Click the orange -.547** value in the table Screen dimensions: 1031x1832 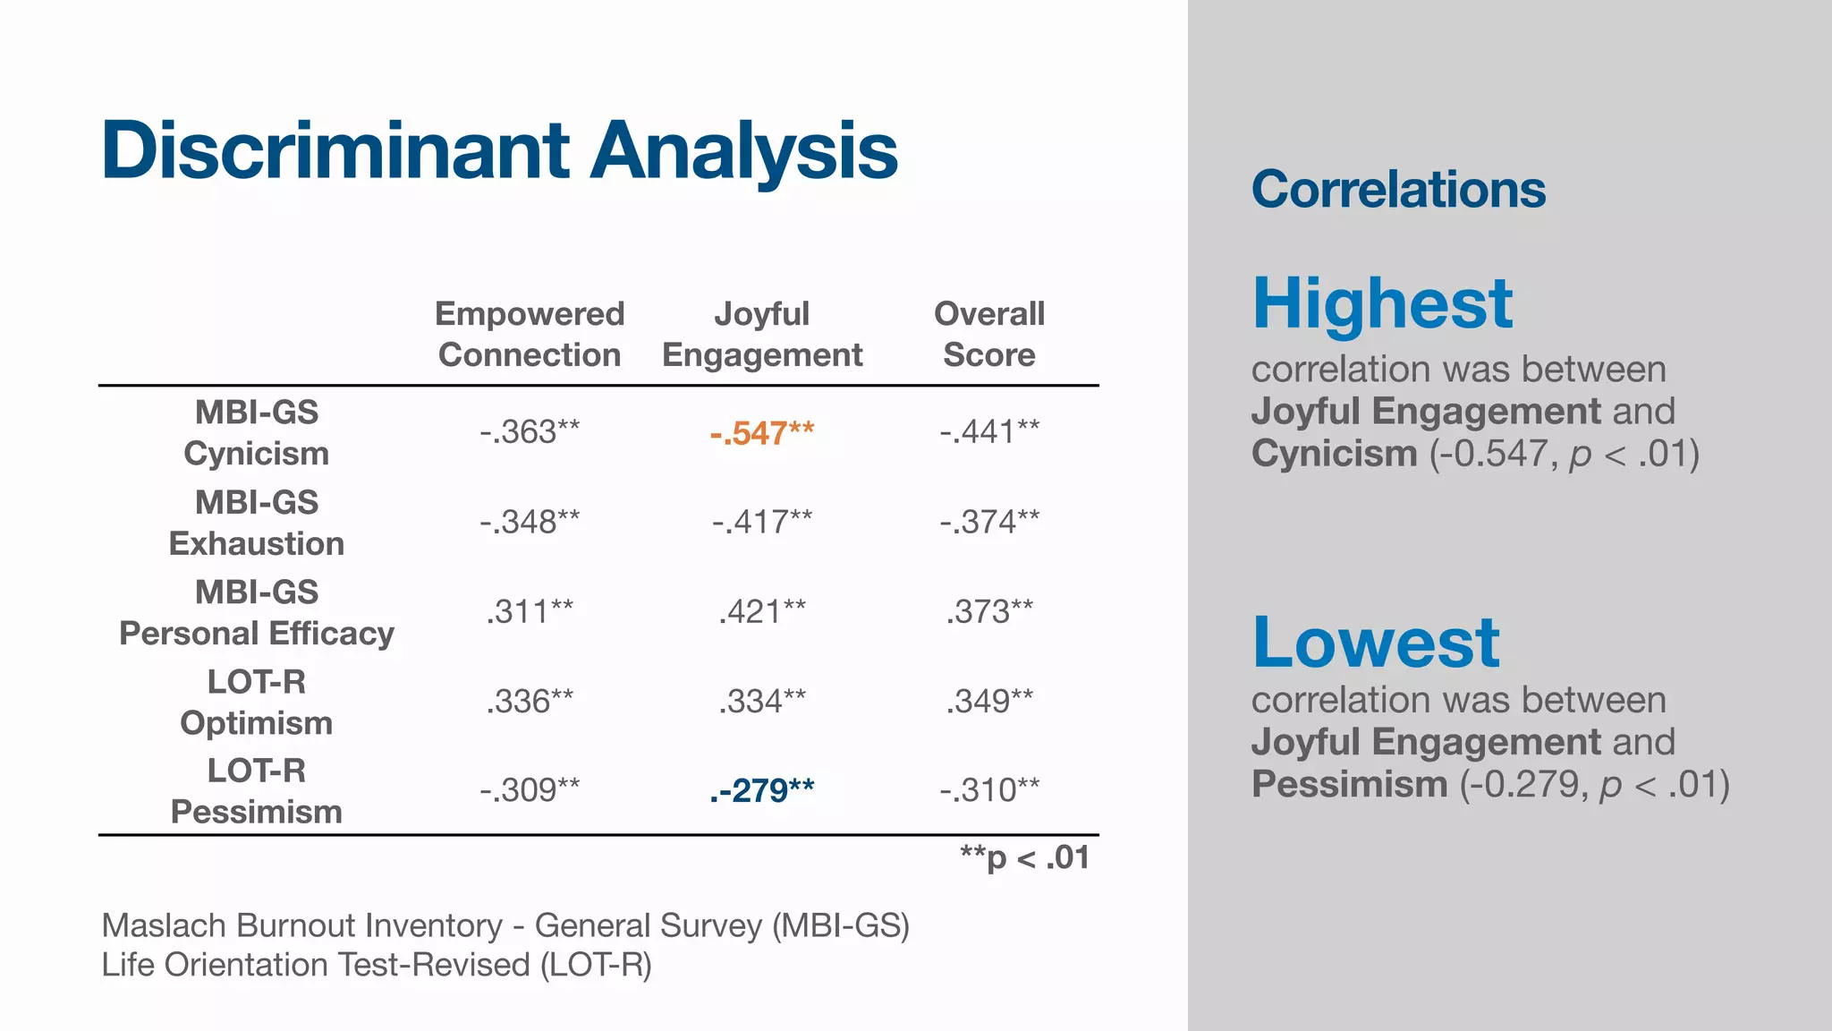(x=761, y=433)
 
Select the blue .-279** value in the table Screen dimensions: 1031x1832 (x=761, y=790)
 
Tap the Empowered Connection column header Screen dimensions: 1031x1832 (x=530, y=334)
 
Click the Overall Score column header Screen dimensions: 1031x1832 (x=988, y=334)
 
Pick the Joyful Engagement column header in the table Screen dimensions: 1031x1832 (x=761, y=334)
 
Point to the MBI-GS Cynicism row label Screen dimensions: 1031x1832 (x=257, y=432)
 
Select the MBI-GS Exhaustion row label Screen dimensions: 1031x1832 (x=257, y=523)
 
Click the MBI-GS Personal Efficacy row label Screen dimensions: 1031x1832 (x=257, y=612)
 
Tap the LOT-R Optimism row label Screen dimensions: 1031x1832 (x=257, y=702)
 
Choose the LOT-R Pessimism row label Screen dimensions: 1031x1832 (x=257, y=790)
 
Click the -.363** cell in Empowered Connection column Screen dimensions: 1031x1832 (x=530, y=432)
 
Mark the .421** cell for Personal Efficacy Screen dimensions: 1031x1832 (x=761, y=612)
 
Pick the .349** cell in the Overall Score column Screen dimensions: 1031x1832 (x=988, y=702)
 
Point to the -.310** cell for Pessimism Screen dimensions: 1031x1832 (x=988, y=790)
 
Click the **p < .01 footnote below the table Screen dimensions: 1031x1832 (x=1024, y=858)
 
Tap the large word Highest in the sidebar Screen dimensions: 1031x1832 (x=1382, y=303)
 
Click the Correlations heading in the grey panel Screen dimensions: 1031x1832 (x=1398, y=190)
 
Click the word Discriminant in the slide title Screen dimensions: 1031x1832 (x=335, y=150)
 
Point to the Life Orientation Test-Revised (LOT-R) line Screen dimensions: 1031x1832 (x=377, y=965)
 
